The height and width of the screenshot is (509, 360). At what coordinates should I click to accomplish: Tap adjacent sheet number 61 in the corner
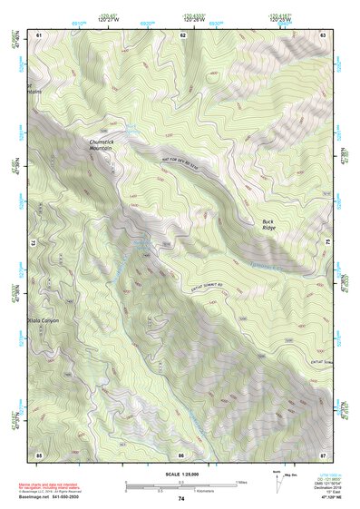[x=39, y=34]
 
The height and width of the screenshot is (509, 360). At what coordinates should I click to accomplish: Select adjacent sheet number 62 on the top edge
[x=182, y=34]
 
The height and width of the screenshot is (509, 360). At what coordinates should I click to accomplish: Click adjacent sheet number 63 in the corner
[x=324, y=34]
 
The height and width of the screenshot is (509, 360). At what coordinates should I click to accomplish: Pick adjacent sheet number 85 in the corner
[x=39, y=454]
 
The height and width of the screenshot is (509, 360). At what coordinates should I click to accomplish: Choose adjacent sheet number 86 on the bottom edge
[x=182, y=454]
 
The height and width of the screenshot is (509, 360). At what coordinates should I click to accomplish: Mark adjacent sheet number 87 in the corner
[x=324, y=454]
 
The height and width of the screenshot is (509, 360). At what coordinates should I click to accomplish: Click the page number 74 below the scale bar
[x=181, y=498]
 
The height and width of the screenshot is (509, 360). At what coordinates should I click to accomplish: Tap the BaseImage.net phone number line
[x=52, y=498]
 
